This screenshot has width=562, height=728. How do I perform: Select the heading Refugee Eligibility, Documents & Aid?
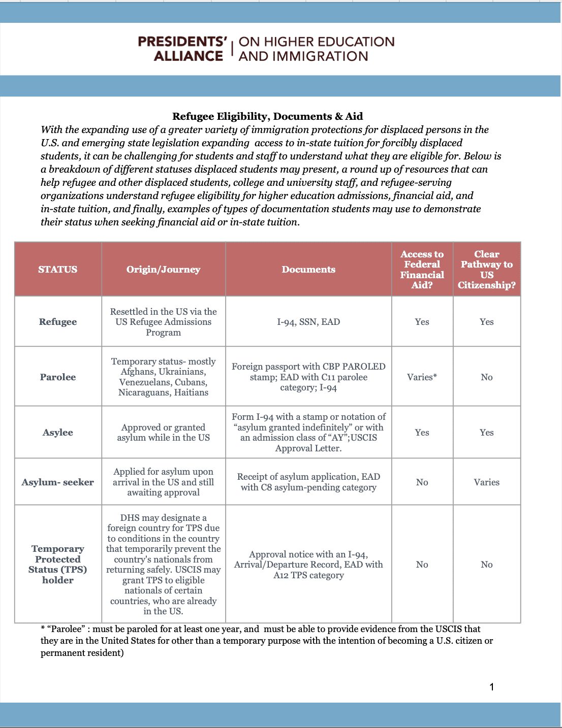267,116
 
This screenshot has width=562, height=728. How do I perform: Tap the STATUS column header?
58,270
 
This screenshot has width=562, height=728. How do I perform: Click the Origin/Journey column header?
163,270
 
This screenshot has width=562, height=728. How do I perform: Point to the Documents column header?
308,270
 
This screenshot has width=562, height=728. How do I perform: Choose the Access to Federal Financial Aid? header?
422,270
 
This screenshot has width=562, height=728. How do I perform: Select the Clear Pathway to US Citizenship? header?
486,270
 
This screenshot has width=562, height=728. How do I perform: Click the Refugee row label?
58,322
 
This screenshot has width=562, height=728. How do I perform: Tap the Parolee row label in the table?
58,377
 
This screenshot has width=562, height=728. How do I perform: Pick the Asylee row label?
58,433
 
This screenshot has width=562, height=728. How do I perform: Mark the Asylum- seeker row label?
58,482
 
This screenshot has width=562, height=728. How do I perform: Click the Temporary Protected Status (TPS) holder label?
58,565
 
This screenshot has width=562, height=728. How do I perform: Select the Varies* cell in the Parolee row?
422,377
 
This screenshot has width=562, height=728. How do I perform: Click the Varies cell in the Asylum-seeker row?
486,482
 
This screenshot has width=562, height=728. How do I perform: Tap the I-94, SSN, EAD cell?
308,322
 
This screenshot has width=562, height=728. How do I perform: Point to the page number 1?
491,687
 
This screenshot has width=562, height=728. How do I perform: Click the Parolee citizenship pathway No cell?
486,377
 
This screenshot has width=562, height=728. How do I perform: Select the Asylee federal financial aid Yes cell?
422,433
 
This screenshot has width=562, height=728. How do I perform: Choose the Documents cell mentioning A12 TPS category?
308,565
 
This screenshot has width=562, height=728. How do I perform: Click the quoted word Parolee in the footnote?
66,629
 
